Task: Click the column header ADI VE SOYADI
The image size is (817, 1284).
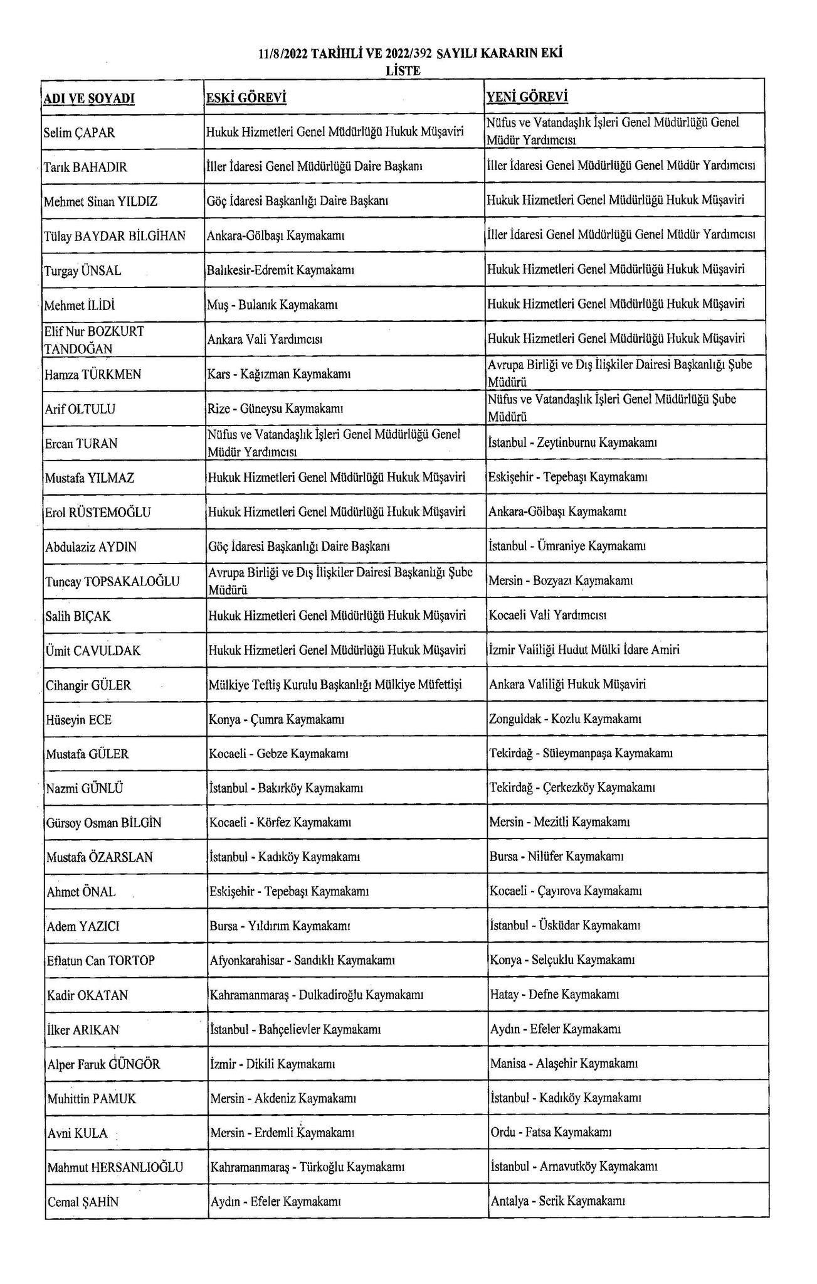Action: pos(89,99)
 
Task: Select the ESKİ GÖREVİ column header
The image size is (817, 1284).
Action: pos(246,98)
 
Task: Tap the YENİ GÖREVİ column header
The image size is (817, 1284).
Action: pos(527,97)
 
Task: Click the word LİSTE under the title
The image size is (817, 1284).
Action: pos(403,71)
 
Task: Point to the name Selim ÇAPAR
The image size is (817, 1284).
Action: pos(80,133)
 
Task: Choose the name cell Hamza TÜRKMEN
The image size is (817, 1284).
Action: pos(93,375)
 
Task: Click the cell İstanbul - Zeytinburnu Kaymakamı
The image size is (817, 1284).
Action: pos(572,442)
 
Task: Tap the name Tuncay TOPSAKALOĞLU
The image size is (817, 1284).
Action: pos(112,581)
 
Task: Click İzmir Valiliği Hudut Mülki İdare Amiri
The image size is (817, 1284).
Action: pos(584,650)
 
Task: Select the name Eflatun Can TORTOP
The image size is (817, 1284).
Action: pos(101,960)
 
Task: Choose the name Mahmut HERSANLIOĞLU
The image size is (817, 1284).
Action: pos(115,1167)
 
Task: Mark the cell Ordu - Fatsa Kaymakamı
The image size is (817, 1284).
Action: pos(551,1132)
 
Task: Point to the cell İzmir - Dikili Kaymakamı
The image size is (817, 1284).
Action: pos(273,1064)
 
